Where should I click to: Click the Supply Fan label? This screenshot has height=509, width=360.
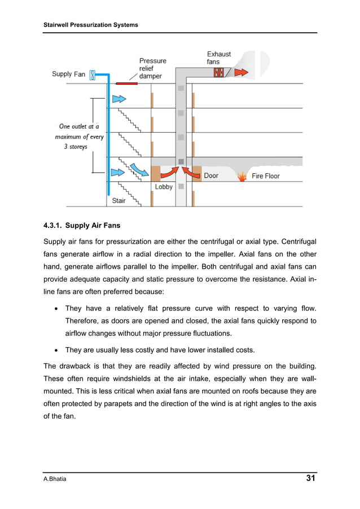69,74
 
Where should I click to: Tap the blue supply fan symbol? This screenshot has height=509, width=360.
93,74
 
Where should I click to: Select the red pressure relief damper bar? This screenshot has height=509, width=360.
126,83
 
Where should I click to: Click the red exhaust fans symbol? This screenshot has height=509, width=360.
219,72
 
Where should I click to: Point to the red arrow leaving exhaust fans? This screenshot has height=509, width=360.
240,72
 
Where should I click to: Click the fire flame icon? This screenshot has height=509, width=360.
243,176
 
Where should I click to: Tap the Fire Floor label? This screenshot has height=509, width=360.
265,176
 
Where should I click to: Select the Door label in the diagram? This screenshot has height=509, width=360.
211,175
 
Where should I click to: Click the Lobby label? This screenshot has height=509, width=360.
164,187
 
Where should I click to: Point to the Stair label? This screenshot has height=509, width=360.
118,200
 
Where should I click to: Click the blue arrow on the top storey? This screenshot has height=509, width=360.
119,98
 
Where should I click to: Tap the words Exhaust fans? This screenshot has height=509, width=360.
219,58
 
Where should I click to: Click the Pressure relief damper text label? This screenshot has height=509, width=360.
152,68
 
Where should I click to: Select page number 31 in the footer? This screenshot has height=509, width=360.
310,479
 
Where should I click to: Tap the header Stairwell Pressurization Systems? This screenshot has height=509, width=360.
91,25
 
